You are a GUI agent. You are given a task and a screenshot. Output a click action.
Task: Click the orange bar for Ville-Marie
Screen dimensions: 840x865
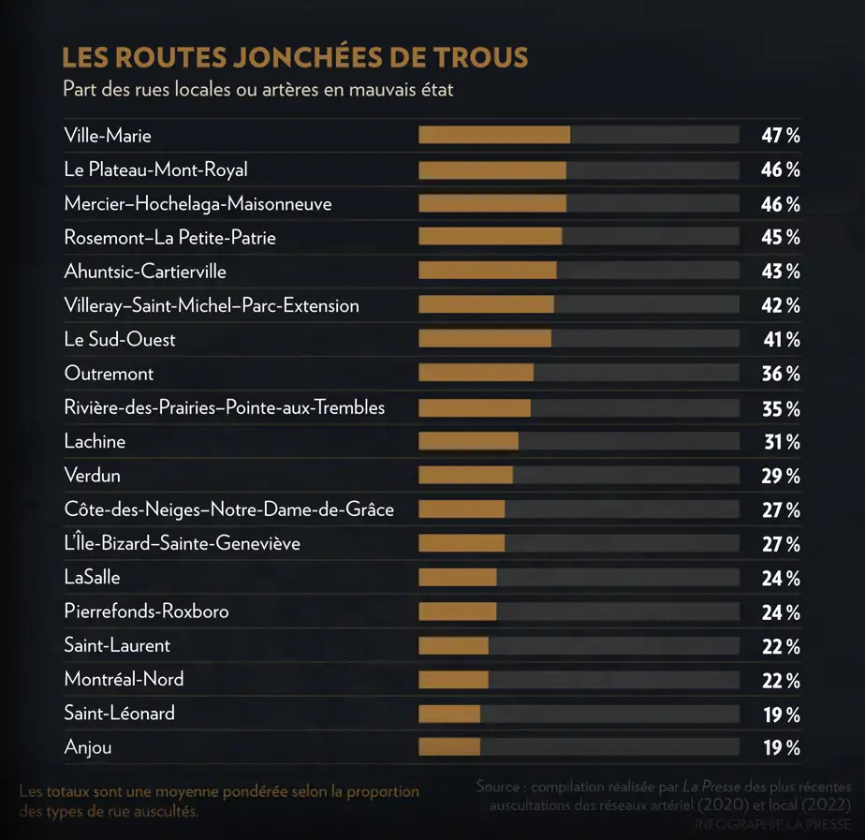click(493, 135)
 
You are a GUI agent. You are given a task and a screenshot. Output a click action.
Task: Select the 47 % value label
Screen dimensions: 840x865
click(780, 136)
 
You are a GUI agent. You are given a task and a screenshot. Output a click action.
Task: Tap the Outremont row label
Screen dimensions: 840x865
click(109, 374)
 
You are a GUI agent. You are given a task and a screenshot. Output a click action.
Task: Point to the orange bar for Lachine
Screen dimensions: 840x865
click(468, 441)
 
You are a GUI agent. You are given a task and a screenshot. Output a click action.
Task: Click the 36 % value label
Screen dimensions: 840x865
click(780, 374)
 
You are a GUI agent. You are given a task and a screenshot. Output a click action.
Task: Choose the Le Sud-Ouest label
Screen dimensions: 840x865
click(120, 340)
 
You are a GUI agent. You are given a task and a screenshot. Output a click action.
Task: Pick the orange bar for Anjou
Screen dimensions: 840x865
click(449, 747)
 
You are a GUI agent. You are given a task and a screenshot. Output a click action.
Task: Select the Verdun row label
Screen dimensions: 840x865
click(92, 476)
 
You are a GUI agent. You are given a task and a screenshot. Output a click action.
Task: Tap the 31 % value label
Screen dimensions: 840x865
click(780, 442)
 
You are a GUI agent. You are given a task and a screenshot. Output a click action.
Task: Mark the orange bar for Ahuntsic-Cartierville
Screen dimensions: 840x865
click(487, 271)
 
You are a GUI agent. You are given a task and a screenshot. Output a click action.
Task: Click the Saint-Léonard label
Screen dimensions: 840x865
click(119, 714)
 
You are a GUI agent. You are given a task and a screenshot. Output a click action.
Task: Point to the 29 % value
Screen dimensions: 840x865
click(780, 476)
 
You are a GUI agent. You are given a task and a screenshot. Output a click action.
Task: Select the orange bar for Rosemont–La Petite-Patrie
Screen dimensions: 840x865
click(490, 237)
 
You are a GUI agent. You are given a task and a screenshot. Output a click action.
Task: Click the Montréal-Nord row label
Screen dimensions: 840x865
click(124, 679)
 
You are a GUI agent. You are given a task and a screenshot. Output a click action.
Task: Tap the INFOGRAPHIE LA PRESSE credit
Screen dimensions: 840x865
click(772, 825)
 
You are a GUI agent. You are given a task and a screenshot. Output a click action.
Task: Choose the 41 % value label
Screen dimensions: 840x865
click(780, 340)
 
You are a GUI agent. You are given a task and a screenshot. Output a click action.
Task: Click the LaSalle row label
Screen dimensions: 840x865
click(92, 578)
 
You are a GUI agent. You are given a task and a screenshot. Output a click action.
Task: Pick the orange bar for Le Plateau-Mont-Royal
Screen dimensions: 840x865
click(491, 169)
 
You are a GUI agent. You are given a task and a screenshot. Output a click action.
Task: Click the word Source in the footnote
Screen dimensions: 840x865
click(497, 787)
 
